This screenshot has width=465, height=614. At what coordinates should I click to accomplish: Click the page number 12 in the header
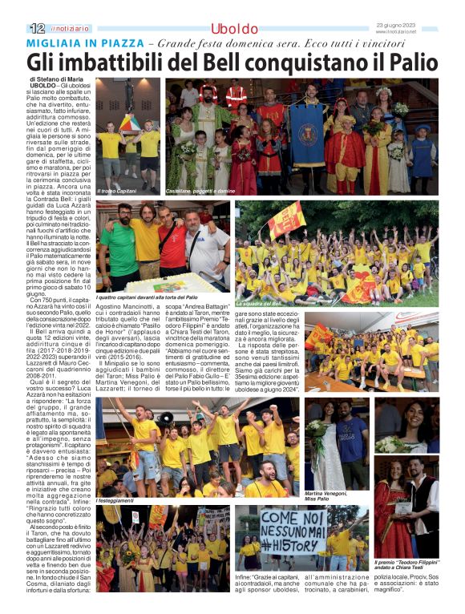[x=37, y=28]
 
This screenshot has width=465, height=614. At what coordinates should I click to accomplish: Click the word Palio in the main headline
[x=406, y=61]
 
